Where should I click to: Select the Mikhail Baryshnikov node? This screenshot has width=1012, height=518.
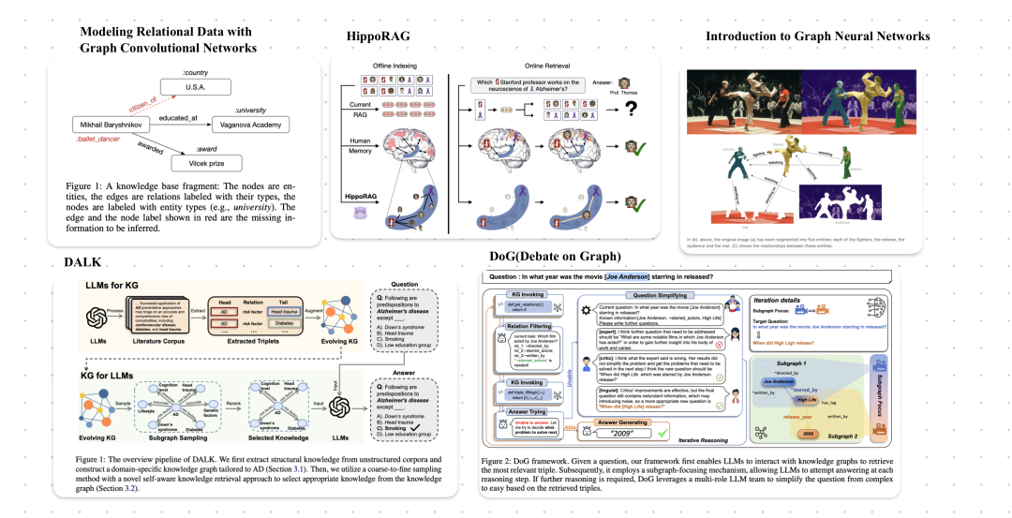pyautogui.click(x=109, y=124)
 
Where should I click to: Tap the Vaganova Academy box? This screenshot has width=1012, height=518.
pyautogui.click(x=237, y=124)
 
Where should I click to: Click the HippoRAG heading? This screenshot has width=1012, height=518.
pyautogui.click(x=378, y=36)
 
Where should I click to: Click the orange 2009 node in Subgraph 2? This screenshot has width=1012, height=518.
pyautogui.click(x=806, y=434)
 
